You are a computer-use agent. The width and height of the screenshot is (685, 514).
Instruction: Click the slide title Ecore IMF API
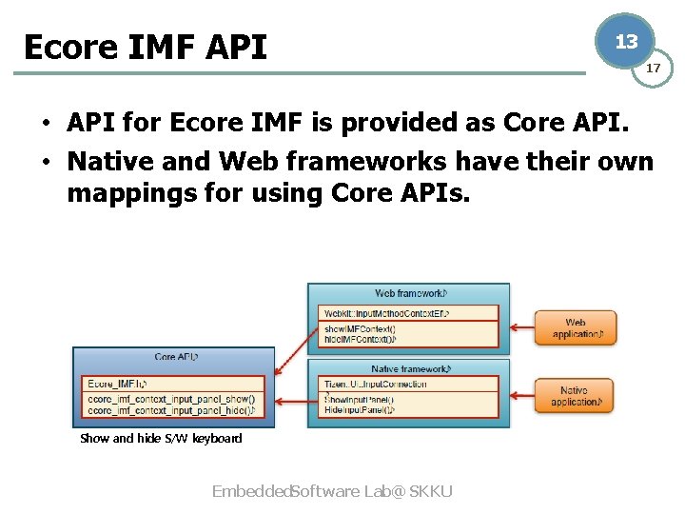145,47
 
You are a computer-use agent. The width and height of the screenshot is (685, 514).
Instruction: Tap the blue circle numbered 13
626,42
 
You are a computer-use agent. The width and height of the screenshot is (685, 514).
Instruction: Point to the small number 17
654,68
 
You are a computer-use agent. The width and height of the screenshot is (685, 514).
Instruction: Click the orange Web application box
575,328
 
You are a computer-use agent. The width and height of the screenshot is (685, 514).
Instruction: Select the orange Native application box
575,396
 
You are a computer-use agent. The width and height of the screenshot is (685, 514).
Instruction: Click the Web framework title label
408,294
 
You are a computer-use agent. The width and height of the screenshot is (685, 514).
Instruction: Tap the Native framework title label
408,369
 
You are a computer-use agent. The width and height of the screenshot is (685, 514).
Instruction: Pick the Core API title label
175,357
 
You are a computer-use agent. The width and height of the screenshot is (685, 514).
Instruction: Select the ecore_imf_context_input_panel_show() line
170,399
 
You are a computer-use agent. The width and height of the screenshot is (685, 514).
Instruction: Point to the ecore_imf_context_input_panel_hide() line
170,411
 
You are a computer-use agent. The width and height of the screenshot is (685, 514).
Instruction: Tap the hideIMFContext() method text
359,339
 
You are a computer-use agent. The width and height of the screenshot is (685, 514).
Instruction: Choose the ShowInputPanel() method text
359,399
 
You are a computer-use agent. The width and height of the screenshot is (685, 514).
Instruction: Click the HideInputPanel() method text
359,411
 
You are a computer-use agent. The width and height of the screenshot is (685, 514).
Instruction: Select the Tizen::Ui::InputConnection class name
375,385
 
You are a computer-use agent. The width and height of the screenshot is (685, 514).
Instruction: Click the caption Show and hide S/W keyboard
161,439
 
